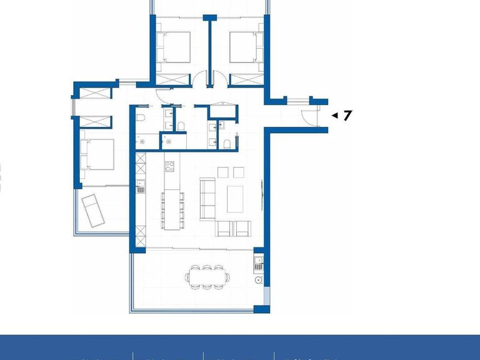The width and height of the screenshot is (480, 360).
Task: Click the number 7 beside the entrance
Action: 347,115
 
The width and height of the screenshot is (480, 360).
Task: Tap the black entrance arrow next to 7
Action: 334,116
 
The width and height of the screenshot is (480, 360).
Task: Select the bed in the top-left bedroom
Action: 173,47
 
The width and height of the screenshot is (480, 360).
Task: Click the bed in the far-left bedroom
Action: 97,154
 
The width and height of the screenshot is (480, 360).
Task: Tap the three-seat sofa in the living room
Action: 207,199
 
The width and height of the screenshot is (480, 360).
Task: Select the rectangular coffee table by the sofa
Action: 235,199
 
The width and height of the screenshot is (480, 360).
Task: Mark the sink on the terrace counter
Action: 257,266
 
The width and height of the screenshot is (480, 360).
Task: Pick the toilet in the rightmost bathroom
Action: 228,145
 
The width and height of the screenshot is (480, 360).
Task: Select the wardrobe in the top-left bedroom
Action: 173,80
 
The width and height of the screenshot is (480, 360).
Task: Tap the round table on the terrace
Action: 257,280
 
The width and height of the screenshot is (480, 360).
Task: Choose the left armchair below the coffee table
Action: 224,229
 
